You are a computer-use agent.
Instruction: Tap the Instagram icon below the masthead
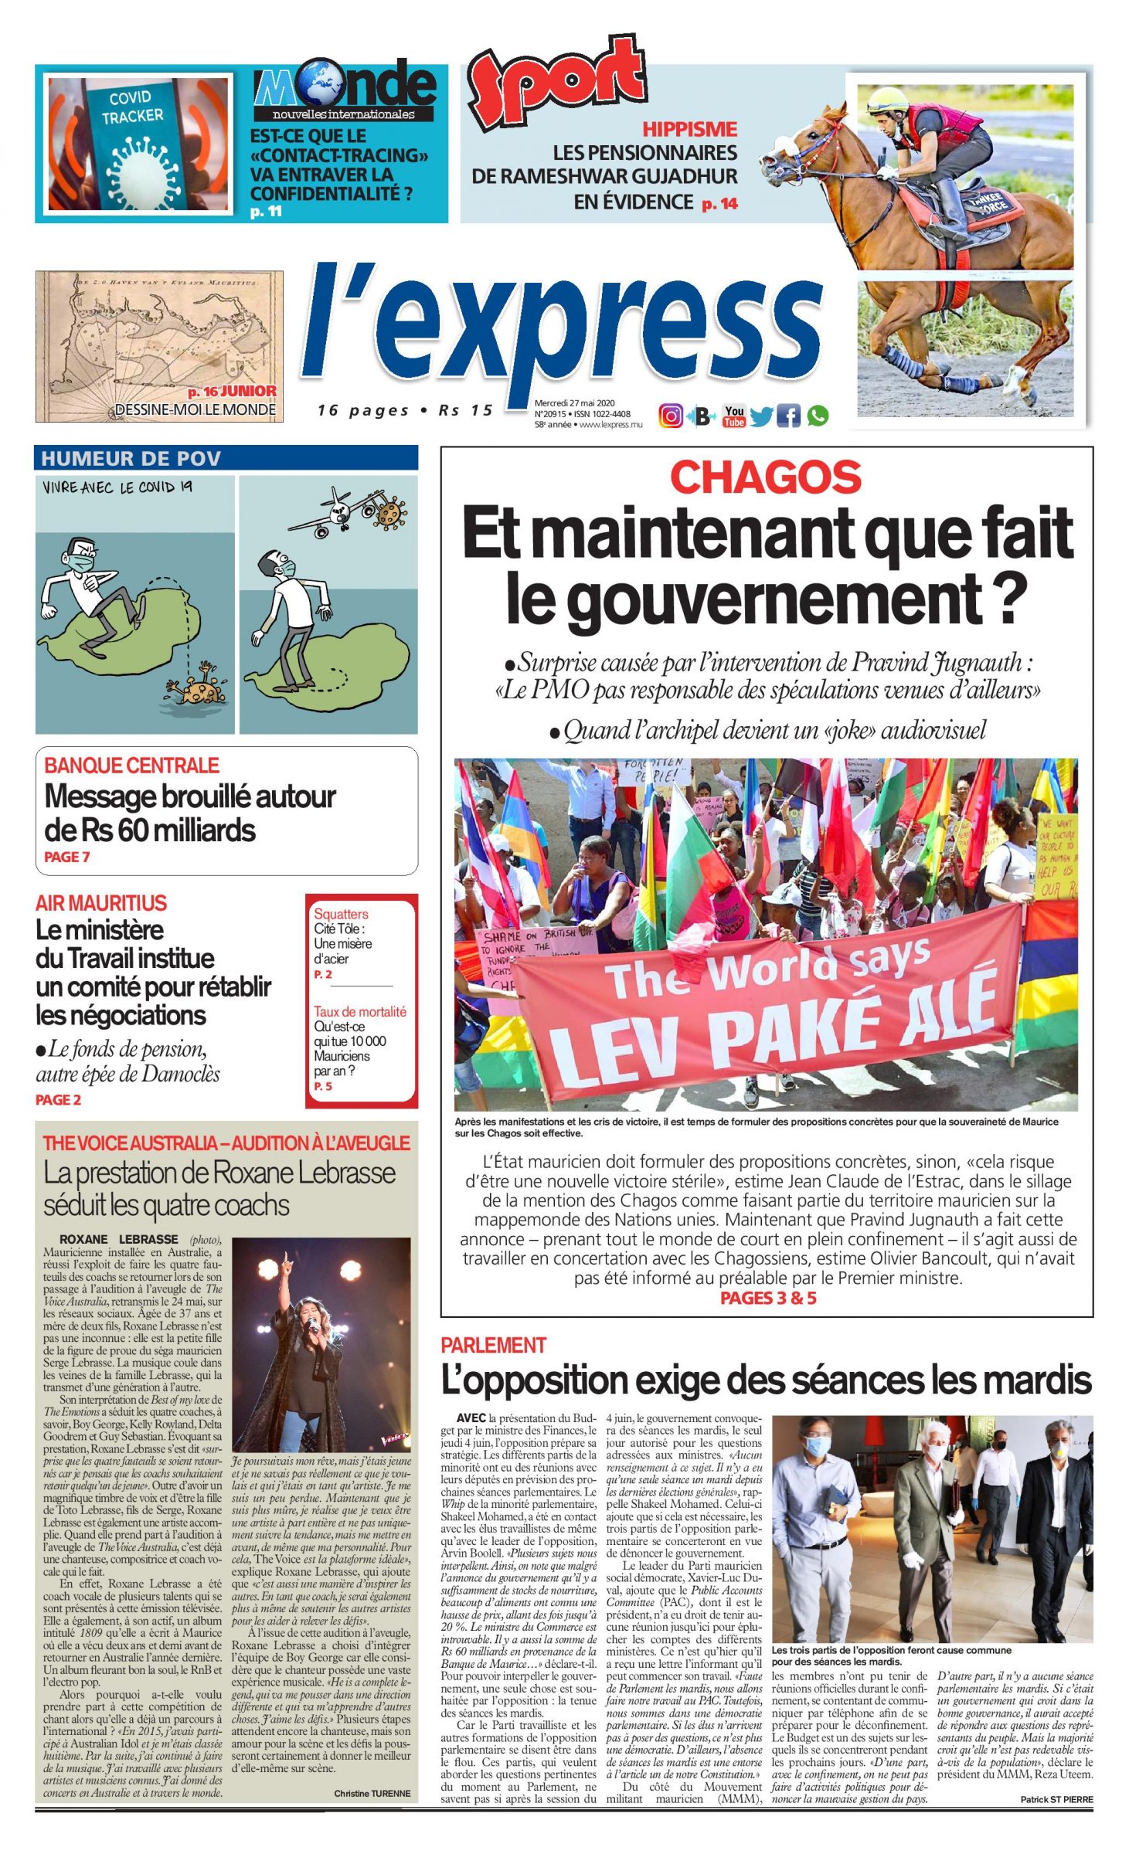pyautogui.click(x=670, y=416)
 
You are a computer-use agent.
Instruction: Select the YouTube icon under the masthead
pyautogui.click(x=733, y=416)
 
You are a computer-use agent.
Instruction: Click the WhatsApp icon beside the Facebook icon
pyautogui.click(x=818, y=416)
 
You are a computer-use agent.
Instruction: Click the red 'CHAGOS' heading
pyautogui.click(x=765, y=477)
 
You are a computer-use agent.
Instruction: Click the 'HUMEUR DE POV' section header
pyautogui.click(x=131, y=458)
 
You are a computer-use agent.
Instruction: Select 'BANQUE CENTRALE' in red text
pyautogui.click(x=131, y=765)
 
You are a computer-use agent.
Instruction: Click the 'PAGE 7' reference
pyautogui.click(x=67, y=857)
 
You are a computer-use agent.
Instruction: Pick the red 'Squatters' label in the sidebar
pyautogui.click(x=341, y=914)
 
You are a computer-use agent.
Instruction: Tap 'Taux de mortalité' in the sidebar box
pyautogui.click(x=359, y=1011)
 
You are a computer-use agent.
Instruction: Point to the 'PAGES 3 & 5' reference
pyautogui.click(x=768, y=1298)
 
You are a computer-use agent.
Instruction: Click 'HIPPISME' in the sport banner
pyautogui.click(x=689, y=129)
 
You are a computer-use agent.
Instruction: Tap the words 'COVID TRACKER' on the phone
pyautogui.click(x=132, y=107)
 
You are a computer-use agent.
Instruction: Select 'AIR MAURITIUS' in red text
pyautogui.click(x=101, y=902)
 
